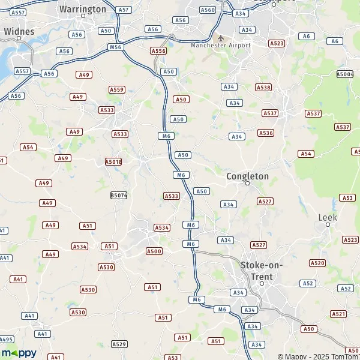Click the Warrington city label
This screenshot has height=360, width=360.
83,10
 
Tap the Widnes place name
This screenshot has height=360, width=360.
18,31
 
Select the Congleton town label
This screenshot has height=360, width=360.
247,176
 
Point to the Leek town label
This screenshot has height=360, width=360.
328,217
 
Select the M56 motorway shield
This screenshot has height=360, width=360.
116,47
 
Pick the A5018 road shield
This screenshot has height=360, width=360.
113,162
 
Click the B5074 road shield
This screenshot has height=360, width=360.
119,195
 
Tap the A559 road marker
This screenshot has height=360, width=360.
116,90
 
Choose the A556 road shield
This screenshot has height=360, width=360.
158,52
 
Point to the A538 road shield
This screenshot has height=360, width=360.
263,88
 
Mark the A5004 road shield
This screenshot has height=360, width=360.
345,74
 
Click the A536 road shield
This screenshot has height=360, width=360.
266,133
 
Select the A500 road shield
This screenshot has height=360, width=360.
154,251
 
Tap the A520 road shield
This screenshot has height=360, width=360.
317,263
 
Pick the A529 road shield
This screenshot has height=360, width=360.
119,344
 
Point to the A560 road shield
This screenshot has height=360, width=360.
208,10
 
